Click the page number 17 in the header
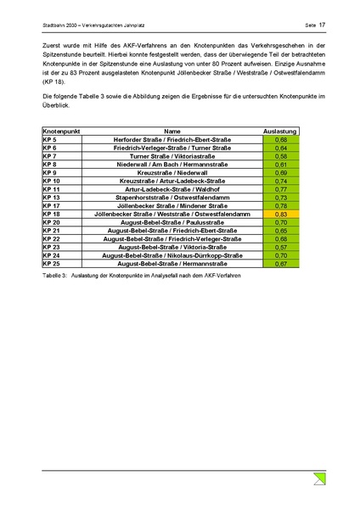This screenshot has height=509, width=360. [323, 25]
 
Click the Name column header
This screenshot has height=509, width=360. [172, 131]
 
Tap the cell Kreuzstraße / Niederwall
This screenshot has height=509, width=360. [172, 173]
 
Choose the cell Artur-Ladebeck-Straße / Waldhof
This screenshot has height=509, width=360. [172, 189]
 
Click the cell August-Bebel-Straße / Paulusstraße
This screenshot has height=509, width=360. [172, 222]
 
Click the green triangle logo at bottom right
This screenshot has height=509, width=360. [319, 479]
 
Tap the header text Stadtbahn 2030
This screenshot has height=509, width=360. [61, 25]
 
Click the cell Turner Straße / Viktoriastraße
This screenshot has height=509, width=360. [172, 156]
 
